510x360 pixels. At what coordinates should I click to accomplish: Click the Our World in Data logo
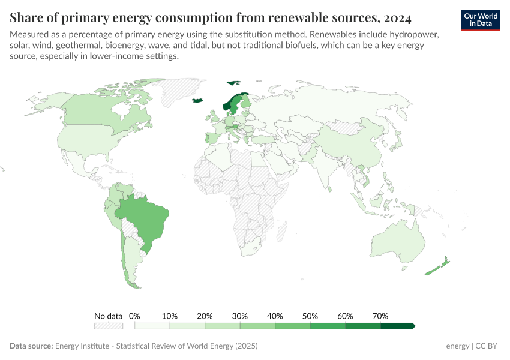click(480, 20)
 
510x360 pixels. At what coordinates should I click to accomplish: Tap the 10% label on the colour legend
click(170, 316)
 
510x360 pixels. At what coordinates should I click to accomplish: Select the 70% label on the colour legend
click(380, 316)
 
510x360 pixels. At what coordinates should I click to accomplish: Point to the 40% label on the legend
click(275, 316)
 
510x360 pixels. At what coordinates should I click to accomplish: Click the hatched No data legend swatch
click(109, 326)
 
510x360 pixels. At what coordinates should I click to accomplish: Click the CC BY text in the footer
click(487, 346)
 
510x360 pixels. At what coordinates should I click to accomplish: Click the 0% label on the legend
click(134, 316)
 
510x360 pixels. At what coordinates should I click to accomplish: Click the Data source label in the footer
click(31, 346)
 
